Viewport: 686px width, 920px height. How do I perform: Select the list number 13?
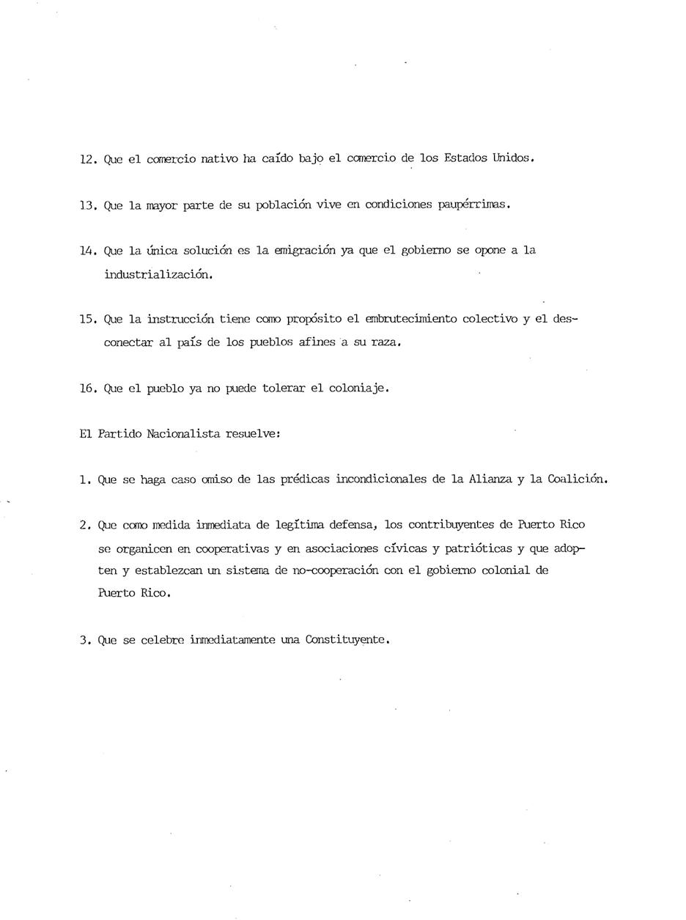88,205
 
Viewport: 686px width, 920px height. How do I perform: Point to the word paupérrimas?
473,205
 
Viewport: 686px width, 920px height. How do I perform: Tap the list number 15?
88,320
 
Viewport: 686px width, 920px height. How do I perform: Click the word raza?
387,342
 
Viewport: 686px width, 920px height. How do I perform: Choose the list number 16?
88,389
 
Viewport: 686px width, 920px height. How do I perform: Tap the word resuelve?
253,434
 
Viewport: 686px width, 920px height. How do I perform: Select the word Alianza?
490,479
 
